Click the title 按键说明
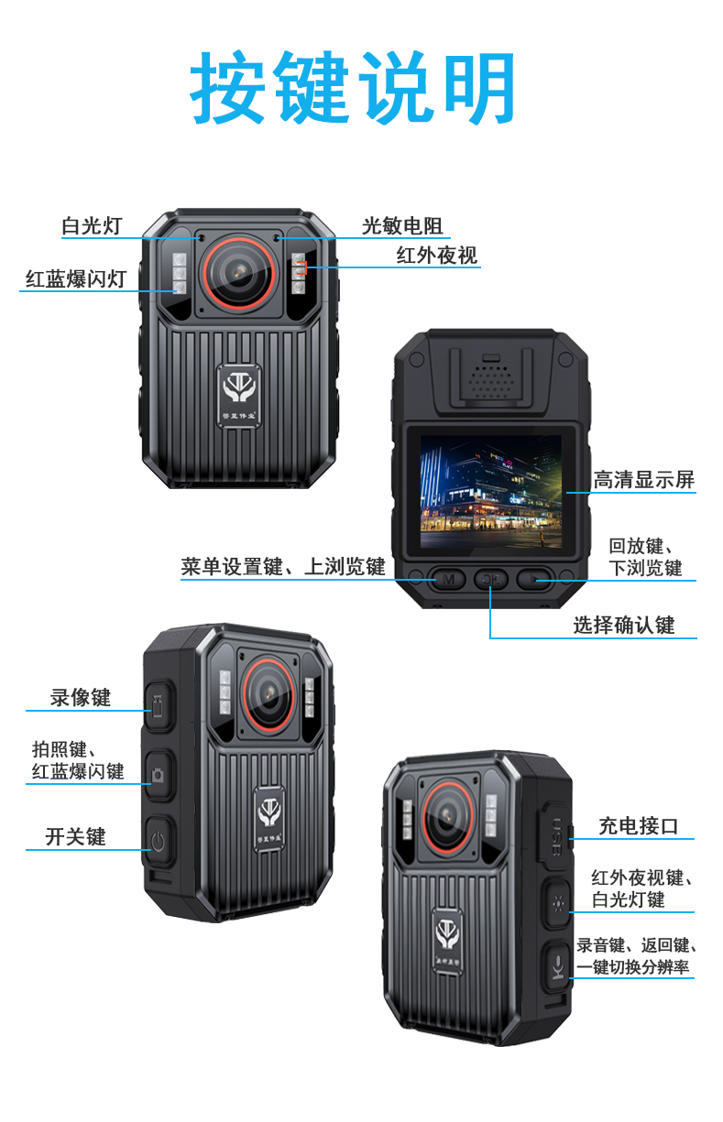352,87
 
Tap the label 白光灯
92,226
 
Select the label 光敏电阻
402,226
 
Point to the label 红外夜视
437,256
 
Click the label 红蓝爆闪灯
76,279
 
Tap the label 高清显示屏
644,480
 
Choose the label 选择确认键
624,625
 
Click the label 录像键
80,698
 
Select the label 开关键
75,836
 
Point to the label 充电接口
639,826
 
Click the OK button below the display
491,580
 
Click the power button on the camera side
159,842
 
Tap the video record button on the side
159,705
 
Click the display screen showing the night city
491,491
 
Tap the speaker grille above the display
491,379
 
